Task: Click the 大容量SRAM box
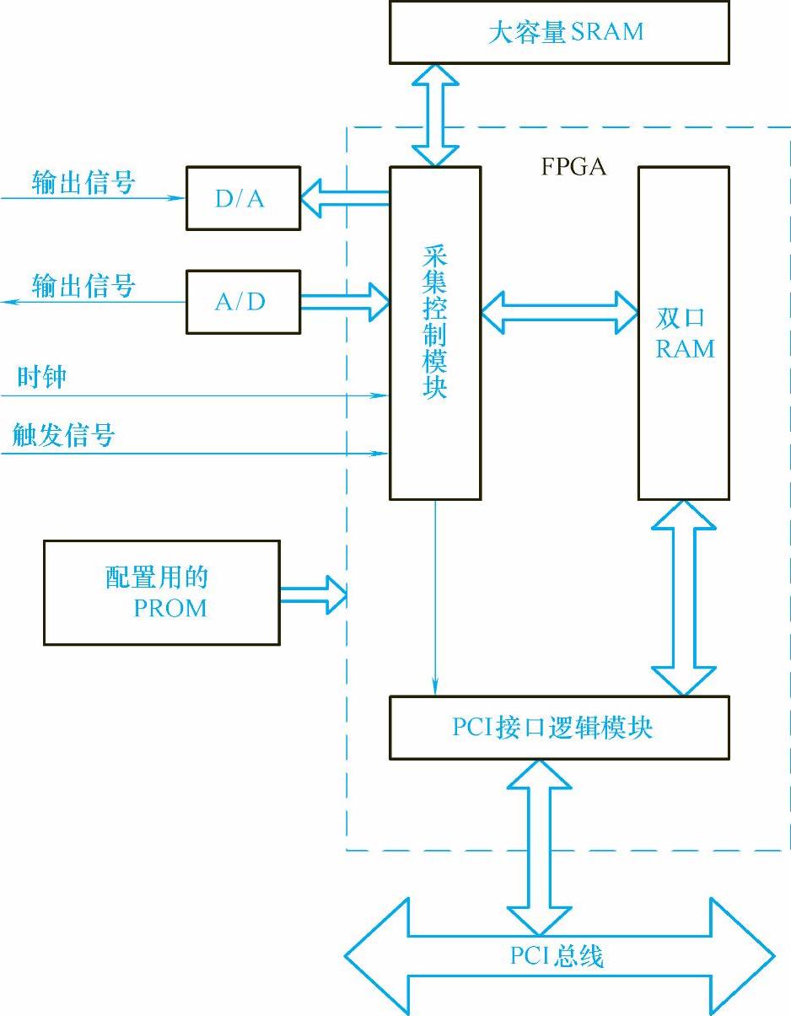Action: (x=558, y=33)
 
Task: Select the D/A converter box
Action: (x=243, y=199)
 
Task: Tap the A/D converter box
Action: (x=243, y=302)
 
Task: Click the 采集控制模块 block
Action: (x=435, y=333)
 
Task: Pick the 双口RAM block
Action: (x=683, y=333)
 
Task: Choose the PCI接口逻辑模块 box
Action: (x=558, y=728)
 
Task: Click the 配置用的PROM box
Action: (x=161, y=594)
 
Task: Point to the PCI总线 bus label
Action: (x=557, y=957)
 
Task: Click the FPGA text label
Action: (x=573, y=167)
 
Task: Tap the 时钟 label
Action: (x=41, y=377)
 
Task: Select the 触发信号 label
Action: (x=63, y=435)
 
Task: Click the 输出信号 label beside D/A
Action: (x=83, y=183)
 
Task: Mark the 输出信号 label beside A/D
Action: (x=83, y=286)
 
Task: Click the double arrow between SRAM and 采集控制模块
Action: (x=435, y=115)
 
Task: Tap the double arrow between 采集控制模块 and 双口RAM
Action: (x=559, y=313)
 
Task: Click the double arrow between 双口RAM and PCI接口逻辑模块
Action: (x=683, y=598)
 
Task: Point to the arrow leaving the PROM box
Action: (x=313, y=594)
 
